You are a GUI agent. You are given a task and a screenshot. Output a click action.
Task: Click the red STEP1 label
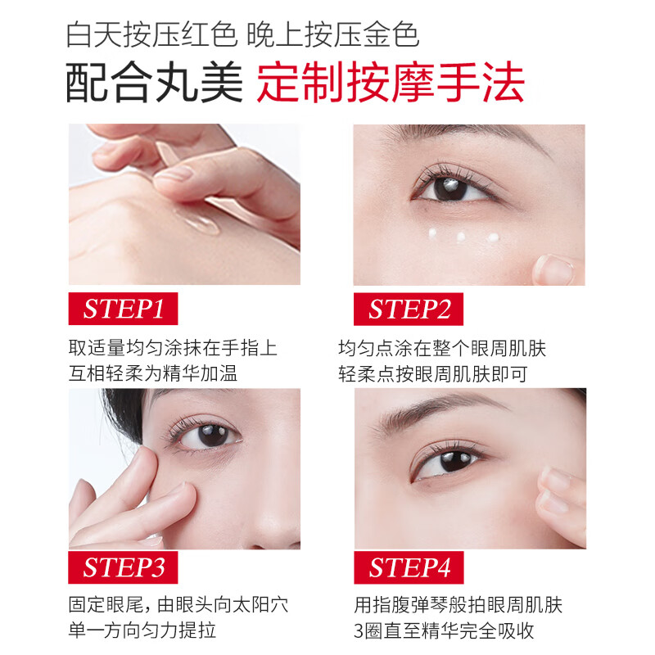point(124,308)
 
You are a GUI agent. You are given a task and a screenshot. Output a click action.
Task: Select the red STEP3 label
point(124,567)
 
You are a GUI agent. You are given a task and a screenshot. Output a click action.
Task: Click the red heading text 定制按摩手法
point(391,84)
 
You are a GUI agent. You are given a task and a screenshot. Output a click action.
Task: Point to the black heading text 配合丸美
point(156,84)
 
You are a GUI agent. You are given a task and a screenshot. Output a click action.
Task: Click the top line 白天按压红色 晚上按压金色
point(243,35)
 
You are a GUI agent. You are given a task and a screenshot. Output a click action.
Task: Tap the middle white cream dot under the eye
point(461,237)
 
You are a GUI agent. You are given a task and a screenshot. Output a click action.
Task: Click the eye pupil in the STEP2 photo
point(448,187)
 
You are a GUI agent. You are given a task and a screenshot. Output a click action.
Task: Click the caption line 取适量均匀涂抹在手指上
point(173,348)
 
